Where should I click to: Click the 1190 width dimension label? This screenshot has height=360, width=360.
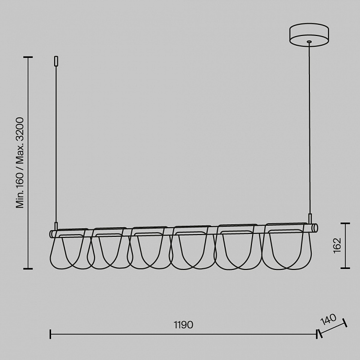[183, 324]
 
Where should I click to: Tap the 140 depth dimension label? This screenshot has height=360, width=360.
[328, 319]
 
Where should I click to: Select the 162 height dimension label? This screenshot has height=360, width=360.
[337, 246]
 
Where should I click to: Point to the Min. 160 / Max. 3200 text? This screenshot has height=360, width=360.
[20, 162]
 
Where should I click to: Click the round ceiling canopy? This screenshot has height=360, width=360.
[309, 35]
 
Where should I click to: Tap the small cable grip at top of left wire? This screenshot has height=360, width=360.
[56, 61]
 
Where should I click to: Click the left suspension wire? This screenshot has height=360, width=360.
[56, 144]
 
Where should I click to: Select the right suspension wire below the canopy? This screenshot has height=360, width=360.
[309, 128]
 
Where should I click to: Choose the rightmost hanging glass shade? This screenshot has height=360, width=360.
[287, 246]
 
